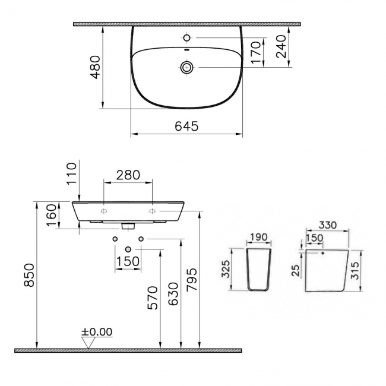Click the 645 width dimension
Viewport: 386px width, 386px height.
coord(186,126)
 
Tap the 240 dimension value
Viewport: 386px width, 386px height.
coord(281,46)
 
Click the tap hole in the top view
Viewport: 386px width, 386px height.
coord(187,38)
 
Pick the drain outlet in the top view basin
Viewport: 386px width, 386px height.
coord(187,67)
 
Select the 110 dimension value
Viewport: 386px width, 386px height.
coord(72,173)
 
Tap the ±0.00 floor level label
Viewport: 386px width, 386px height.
coord(97,332)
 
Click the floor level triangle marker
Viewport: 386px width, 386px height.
coord(89,343)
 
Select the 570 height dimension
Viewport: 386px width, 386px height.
coord(153,299)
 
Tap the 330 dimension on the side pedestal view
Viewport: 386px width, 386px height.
coord(327,225)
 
